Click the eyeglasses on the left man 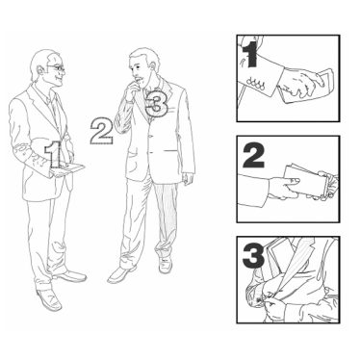coord(57,68)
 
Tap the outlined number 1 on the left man coord(53,155)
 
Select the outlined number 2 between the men coord(101,131)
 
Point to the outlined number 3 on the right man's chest coord(156,102)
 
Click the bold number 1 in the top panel coord(251,54)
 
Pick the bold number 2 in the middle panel coord(253,156)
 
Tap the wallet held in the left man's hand coord(68,170)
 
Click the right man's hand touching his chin coord(132,90)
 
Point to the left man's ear coord(40,70)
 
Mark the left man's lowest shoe coord(49,299)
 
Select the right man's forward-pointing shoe coord(121,274)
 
